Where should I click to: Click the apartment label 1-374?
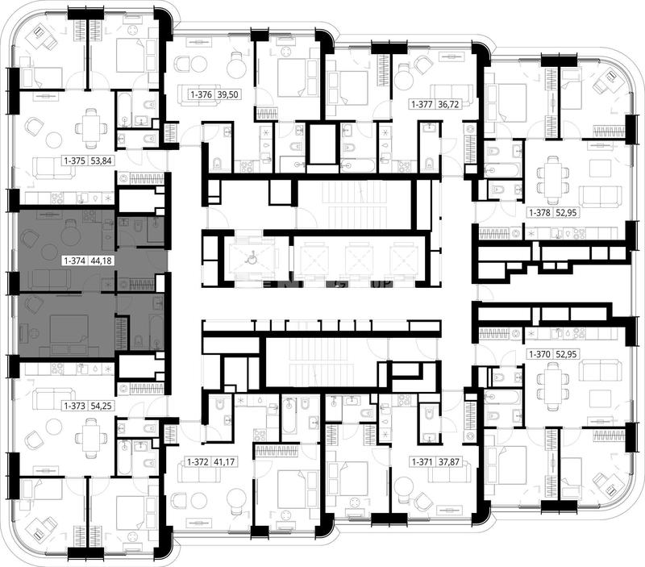tap(74, 261)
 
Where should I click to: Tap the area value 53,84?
tap(102, 161)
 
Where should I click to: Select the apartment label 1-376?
tap(201, 94)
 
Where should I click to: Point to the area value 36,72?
tap(448, 104)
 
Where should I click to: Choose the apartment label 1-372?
tap(198, 462)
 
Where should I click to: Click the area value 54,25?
tap(102, 406)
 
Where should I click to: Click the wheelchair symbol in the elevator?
tap(249, 259)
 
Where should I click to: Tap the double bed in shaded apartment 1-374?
tap(69, 333)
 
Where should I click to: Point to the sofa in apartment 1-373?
tap(54, 399)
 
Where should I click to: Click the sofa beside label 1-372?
tap(199, 470)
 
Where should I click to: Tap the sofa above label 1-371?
tap(450, 471)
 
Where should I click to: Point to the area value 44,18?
tap(102, 261)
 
